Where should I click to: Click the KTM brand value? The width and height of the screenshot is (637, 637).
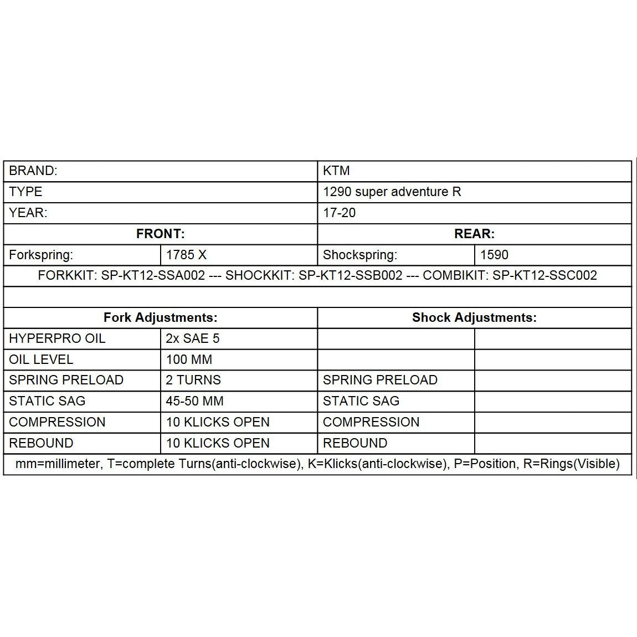click(336, 171)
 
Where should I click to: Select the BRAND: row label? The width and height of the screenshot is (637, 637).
click(33, 171)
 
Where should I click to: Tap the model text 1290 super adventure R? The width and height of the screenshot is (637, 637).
click(392, 192)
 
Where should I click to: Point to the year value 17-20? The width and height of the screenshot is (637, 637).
click(339, 213)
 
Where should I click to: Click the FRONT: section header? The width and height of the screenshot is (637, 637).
click(160, 234)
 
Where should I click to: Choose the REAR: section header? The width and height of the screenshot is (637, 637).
click(474, 234)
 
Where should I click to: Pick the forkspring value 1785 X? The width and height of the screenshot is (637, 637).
click(186, 255)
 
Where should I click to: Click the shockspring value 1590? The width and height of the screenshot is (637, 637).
click(494, 255)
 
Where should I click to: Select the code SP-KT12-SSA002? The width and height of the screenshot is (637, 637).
click(153, 275)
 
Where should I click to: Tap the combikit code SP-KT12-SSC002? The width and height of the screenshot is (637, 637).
click(544, 275)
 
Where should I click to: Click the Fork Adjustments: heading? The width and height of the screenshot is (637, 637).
click(160, 317)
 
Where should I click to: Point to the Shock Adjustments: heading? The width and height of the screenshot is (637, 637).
click(474, 317)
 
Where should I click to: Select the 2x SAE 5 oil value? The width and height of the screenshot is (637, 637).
click(193, 338)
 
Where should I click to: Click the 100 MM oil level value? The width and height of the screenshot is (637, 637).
click(189, 359)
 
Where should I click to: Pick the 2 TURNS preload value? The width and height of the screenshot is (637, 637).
click(193, 380)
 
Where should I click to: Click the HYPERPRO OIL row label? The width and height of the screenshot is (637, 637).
click(57, 338)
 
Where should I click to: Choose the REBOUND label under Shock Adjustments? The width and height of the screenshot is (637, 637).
click(355, 443)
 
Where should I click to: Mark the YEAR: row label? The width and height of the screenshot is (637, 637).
click(28, 213)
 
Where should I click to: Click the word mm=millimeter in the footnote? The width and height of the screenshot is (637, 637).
click(58, 464)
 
